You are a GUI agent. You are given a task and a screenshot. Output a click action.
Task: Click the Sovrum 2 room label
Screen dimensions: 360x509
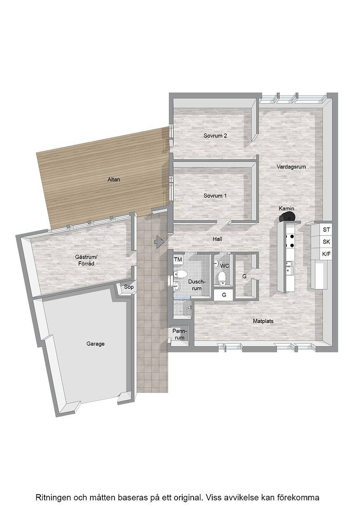[x=215, y=136]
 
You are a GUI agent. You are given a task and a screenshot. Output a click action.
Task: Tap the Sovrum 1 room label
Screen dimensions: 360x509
[x=215, y=196]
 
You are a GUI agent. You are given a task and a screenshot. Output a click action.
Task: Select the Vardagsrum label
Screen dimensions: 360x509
[x=291, y=167]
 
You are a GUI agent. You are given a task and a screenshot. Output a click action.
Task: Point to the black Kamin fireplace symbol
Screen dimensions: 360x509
[x=287, y=216]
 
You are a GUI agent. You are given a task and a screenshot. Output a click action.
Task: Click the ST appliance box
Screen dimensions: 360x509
[x=326, y=230]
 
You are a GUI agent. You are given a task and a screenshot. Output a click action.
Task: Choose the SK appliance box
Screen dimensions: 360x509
[x=326, y=242]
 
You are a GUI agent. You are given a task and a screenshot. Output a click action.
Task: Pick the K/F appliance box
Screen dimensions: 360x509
[x=326, y=254]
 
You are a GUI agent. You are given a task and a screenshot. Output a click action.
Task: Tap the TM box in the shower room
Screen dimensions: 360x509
[x=178, y=259]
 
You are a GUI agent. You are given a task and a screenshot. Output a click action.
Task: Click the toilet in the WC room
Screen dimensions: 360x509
[x=222, y=279]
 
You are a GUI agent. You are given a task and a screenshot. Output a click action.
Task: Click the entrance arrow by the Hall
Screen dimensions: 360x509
[x=159, y=241]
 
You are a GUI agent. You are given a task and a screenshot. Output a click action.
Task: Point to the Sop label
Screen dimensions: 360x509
[x=129, y=287]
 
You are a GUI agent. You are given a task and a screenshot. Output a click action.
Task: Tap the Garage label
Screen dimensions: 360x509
[x=95, y=344]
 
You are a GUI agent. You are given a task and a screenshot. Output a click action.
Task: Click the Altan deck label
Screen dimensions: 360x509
[x=114, y=180]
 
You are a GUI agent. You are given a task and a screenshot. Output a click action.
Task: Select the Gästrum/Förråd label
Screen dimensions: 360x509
[x=86, y=260]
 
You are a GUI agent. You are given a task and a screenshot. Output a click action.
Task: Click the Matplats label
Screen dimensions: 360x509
[x=263, y=321]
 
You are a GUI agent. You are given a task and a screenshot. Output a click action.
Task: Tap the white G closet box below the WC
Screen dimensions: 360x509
[x=224, y=295]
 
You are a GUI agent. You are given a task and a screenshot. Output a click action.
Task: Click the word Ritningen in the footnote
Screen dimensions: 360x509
[x=54, y=498]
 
